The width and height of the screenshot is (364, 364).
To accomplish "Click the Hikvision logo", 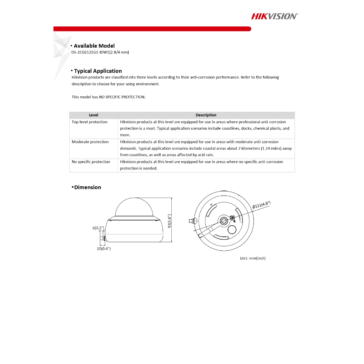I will [274, 16].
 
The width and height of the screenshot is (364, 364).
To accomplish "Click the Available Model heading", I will [94, 46].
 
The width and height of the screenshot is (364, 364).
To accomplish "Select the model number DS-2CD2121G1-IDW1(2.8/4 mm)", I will [100, 52].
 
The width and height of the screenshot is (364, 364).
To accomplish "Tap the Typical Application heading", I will [98, 71].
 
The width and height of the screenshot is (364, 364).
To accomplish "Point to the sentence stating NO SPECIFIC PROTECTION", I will [108, 97].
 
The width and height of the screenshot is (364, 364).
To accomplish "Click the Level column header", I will [93, 115].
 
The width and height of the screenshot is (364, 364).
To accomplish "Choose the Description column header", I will [206, 115].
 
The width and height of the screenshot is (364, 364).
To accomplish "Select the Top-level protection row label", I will [90, 122].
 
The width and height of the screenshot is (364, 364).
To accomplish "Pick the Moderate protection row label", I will [90, 142].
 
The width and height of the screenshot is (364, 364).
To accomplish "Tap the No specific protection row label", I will [91, 162].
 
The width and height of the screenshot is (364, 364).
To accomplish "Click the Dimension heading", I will [87, 187].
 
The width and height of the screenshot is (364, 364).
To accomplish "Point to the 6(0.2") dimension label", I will [98, 228].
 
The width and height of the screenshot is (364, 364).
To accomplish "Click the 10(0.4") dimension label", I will [104, 249].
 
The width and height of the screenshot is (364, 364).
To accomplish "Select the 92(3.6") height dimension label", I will [170, 222].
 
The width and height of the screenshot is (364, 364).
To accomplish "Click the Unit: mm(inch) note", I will [253, 258].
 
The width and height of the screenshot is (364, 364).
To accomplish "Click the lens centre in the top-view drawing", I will [224, 221].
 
